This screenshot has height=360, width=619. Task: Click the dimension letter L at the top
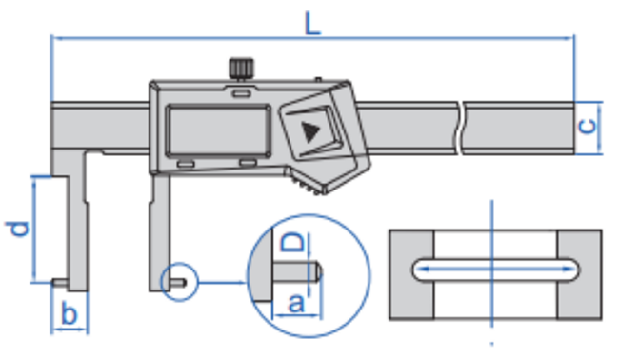pos(311,21)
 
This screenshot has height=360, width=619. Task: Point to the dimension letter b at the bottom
pos(69,310)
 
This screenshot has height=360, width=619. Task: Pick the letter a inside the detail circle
pos(295,304)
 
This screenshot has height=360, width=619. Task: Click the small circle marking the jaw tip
pos(177,282)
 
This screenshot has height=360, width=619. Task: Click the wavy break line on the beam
pos(462,128)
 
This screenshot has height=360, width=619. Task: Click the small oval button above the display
pos(238,93)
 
